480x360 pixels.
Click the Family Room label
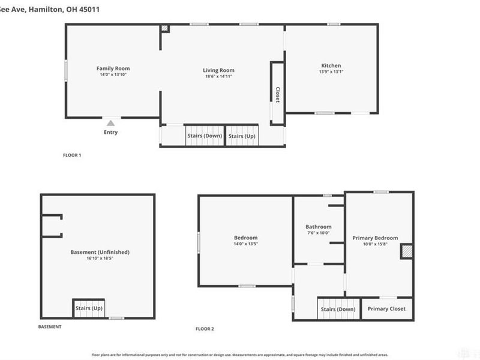tap(113, 68)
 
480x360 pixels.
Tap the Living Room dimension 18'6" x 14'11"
tap(218, 77)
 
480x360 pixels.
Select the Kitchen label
tap(331, 65)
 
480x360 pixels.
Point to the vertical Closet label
tap(277, 94)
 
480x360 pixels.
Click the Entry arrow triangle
tap(110, 122)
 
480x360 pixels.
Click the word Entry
tap(110, 132)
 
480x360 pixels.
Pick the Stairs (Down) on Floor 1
tap(205, 136)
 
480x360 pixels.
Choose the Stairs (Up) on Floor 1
tap(242, 136)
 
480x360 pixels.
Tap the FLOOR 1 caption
tap(72, 155)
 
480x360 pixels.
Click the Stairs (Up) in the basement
tap(89, 308)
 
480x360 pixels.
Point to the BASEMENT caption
tap(49, 327)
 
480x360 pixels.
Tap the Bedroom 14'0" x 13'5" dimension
tap(245, 244)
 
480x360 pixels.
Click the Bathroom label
tap(318, 227)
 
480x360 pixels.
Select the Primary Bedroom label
tap(375, 238)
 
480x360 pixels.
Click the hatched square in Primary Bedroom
tap(406, 251)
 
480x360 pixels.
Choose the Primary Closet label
tap(386, 308)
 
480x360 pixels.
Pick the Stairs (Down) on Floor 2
tap(338, 309)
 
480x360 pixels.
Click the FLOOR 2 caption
tap(205, 329)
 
